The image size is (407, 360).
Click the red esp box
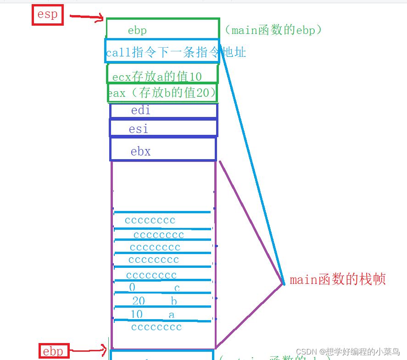pyautogui.click(x=47, y=15)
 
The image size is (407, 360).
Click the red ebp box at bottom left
pyautogui.click(x=53, y=351)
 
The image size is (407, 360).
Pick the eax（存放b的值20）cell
pyautogui.click(x=162, y=93)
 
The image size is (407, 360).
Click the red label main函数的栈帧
pyautogui.click(x=338, y=279)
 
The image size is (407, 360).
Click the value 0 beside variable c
pyautogui.click(x=132, y=288)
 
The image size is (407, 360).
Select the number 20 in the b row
pyautogui.click(x=138, y=301)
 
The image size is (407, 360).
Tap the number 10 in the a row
pyautogui.click(x=136, y=314)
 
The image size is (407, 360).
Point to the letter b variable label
pyautogui.click(x=173, y=301)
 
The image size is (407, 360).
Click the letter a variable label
pyautogui.click(x=171, y=315)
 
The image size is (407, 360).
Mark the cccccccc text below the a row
pyautogui.click(x=156, y=327)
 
